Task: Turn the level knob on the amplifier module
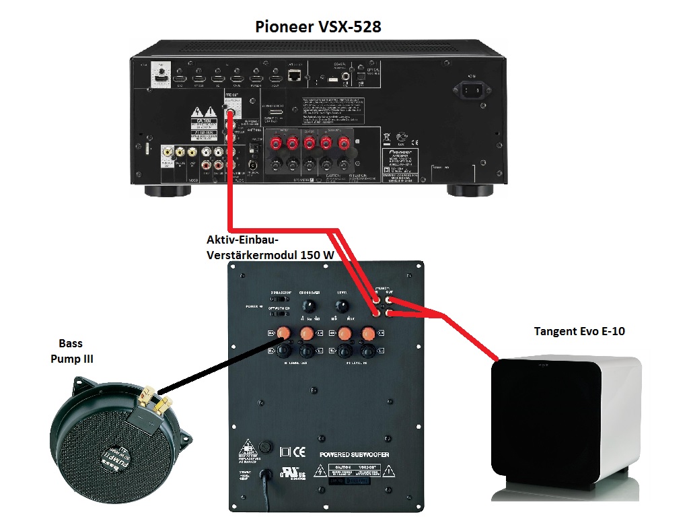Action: tap(344, 306)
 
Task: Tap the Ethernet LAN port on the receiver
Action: tap(295, 76)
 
